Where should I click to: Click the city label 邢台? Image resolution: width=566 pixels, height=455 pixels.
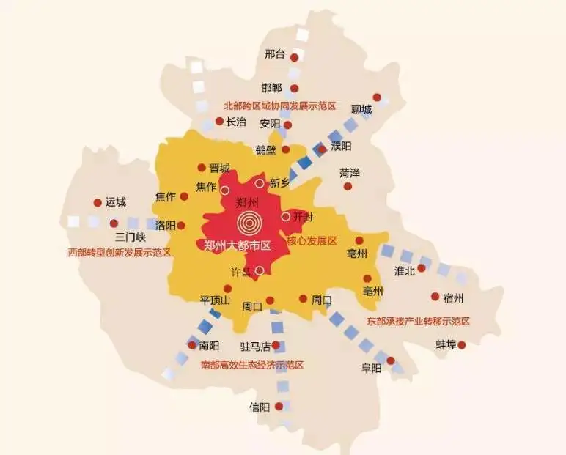pos(275,54)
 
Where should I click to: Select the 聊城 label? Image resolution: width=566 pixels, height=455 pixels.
pos(361,110)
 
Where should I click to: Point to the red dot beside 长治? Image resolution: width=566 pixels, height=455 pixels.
pos(219,122)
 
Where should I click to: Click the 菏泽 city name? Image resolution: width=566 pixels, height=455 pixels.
pos(350,174)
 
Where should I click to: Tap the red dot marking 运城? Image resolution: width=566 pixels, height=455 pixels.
pos(98,203)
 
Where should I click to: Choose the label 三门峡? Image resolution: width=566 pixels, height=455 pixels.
pos(131,237)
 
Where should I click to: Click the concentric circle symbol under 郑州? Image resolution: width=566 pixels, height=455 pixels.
pos(249,222)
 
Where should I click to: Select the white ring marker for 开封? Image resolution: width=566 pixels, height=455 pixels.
pos(285,217)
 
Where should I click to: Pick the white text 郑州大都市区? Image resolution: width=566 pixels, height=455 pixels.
pos(238,245)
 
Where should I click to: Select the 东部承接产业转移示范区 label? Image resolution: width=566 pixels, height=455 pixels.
pos(419,321)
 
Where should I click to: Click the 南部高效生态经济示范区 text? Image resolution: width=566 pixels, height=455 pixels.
pos(251,365)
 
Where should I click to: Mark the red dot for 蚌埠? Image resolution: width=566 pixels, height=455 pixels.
pos(462,344)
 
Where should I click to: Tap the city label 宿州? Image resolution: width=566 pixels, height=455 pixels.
pos(455,298)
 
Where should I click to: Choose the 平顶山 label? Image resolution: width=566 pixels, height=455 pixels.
pos(216,301)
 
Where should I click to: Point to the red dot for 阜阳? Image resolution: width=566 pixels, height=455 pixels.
pos(391,360)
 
